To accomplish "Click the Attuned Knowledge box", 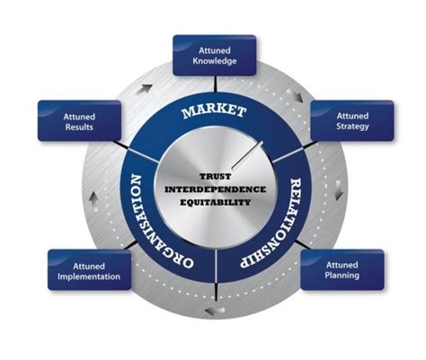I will click(214, 55).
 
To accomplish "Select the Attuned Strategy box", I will click(352, 121).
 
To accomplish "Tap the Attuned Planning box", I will click(342, 269).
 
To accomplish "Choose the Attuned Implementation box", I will click(89, 270).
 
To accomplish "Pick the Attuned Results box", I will click(79, 121).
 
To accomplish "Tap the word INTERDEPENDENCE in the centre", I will click(216, 189).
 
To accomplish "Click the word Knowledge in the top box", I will click(214, 61).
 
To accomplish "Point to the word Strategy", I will click(352, 127).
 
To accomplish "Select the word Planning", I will click(342, 276).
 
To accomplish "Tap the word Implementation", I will click(89, 277).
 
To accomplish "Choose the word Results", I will click(79, 127).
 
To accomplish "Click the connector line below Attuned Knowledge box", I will click(214, 84).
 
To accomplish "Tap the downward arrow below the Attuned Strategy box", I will click(338, 189).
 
